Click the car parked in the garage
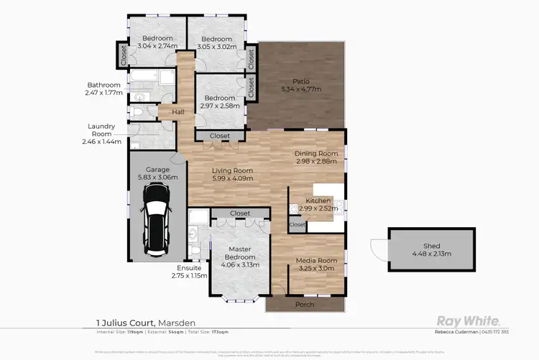(155, 215)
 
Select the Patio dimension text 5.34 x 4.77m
(300, 90)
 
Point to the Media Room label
(316, 260)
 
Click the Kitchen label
(318, 200)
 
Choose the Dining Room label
(316, 153)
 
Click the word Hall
(177, 112)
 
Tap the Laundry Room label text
(101, 130)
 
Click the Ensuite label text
(189, 268)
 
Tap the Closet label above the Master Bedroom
(240, 213)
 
